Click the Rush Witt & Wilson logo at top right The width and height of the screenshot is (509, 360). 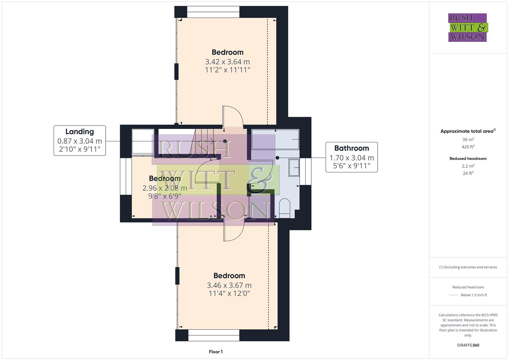pyautogui.click(x=467, y=27)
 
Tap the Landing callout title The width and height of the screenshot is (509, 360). pyautogui.click(x=79, y=132)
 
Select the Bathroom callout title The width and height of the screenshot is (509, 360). pyautogui.click(x=351, y=148)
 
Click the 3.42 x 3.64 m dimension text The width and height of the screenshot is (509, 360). pyautogui.click(x=227, y=62)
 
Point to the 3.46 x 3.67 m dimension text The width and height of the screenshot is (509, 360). pyautogui.click(x=229, y=285)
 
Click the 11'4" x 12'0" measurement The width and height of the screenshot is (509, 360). pyautogui.click(x=229, y=294)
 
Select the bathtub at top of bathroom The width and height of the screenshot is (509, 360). pyautogui.click(x=275, y=139)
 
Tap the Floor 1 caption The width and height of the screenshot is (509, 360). pyautogui.click(x=216, y=352)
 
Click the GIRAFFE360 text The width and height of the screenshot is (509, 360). pyautogui.click(x=468, y=345)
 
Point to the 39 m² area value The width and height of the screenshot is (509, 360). pyautogui.click(x=468, y=140)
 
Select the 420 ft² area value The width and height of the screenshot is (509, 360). pyautogui.click(x=468, y=147)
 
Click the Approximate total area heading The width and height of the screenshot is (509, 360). pyautogui.click(x=468, y=131)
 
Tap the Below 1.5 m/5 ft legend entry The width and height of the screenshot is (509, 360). pyautogui.click(x=473, y=295)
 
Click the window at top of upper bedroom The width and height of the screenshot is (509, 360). pyautogui.click(x=213, y=12)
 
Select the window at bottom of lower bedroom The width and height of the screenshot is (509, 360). pyautogui.click(x=214, y=335)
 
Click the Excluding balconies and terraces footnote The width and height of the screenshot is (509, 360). pyautogui.click(x=468, y=267)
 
